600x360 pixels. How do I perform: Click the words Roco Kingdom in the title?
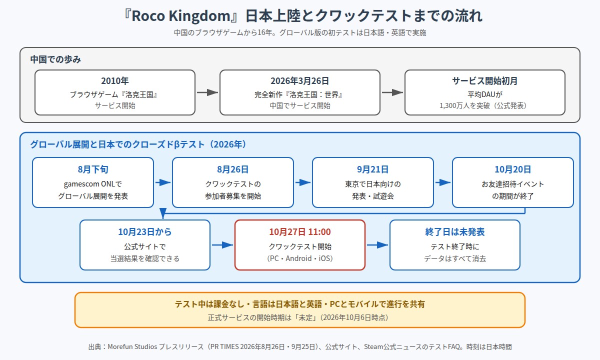(x=181, y=16)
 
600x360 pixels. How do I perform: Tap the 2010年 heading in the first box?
(x=115, y=80)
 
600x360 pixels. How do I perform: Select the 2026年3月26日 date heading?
(x=299, y=80)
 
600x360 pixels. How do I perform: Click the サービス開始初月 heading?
(x=485, y=80)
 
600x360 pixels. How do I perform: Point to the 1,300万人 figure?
(x=454, y=105)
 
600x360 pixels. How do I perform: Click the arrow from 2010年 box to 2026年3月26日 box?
(x=207, y=92)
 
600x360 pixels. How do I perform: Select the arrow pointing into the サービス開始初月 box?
(x=392, y=92)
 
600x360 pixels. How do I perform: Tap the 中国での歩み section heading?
(x=55, y=59)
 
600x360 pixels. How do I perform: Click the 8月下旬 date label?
(x=93, y=169)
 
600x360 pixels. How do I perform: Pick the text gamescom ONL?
(x=89, y=184)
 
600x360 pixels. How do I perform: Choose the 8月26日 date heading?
(x=233, y=169)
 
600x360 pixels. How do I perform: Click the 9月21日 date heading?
(x=373, y=169)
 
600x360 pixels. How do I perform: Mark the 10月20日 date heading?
(x=512, y=169)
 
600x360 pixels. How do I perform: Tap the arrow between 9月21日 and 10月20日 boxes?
(x=443, y=182)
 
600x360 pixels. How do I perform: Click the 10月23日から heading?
(x=144, y=231)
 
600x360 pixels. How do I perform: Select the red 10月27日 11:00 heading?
(x=299, y=231)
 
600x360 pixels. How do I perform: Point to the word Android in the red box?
(x=298, y=258)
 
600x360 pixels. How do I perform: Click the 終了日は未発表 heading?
(x=455, y=231)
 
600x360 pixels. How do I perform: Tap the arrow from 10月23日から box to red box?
(x=222, y=245)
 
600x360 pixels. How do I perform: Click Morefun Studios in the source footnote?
(x=132, y=347)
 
